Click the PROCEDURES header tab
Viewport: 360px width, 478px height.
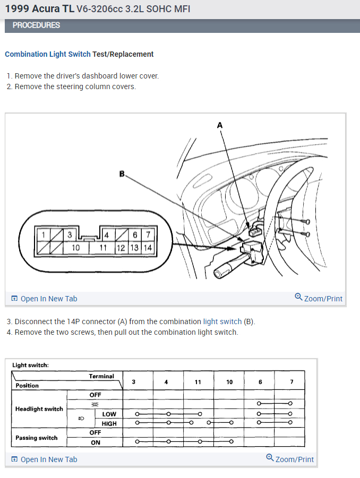36,25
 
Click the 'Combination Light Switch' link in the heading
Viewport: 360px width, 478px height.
48,54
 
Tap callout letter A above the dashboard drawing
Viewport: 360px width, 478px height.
220,125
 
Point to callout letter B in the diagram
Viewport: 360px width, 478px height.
122,173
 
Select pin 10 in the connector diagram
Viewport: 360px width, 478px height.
76,247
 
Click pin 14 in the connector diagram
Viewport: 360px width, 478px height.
147,247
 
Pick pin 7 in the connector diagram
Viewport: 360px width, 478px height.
148,234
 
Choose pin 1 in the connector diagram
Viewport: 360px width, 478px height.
44,234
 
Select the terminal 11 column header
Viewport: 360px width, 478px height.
198,382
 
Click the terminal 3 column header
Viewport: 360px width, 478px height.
133,382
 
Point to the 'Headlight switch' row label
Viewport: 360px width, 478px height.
39,409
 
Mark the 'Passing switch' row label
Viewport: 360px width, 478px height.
37,438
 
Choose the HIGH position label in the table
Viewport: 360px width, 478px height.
109,423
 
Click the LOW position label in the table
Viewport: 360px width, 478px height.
109,414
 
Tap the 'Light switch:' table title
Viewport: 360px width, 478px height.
30,365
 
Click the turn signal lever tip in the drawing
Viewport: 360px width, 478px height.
218,273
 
